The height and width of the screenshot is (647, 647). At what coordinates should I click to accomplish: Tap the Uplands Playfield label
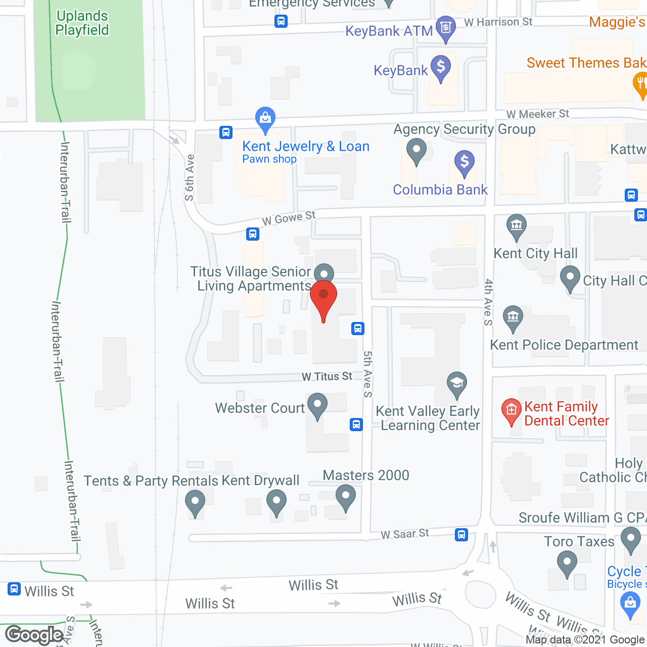click(x=82, y=23)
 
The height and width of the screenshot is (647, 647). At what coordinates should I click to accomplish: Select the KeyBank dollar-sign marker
click(x=441, y=67)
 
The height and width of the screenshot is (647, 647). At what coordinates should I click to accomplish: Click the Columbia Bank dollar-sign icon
click(x=464, y=163)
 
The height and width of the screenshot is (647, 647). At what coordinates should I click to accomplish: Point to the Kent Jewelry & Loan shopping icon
click(x=265, y=119)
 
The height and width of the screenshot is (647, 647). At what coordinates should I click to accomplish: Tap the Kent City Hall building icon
click(x=516, y=226)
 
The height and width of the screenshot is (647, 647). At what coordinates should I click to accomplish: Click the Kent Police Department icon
click(x=513, y=318)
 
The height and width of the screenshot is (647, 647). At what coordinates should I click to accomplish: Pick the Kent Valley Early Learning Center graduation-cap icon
click(x=456, y=383)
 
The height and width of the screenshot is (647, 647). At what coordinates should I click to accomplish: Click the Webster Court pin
click(x=317, y=405)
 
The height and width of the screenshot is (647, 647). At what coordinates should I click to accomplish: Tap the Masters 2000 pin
click(x=346, y=496)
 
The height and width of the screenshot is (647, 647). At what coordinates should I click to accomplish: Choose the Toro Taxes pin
click(x=567, y=562)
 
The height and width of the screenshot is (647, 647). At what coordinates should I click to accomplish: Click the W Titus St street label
click(x=327, y=377)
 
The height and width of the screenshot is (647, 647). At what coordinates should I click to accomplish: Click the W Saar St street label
click(x=404, y=534)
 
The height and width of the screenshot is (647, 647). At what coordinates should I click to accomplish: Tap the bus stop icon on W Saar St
click(x=461, y=534)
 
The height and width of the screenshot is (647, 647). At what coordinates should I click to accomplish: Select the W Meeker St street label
click(x=537, y=114)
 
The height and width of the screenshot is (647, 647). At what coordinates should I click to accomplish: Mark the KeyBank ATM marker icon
click(x=445, y=27)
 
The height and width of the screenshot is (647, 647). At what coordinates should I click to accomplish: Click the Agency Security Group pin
click(x=416, y=151)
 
